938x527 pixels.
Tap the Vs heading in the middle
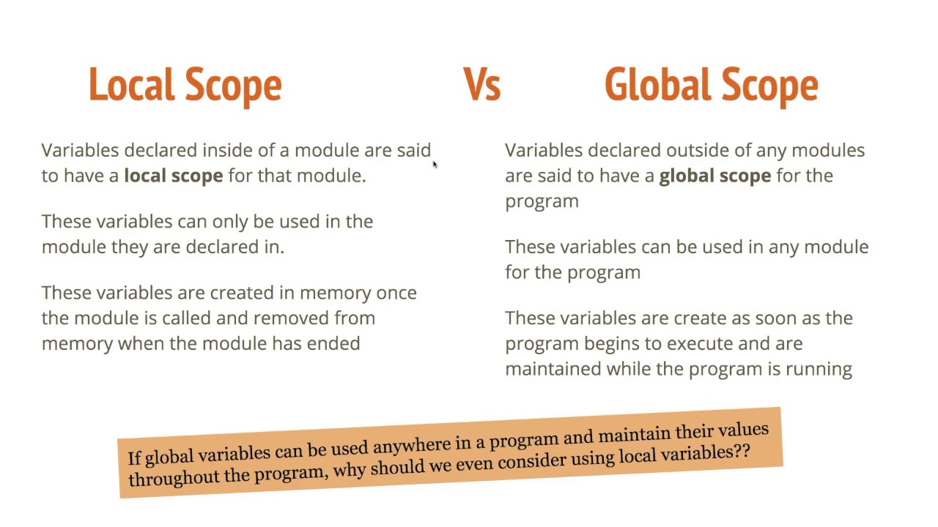[481, 85]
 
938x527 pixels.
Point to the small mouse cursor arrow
[434, 165]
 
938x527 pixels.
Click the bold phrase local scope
[173, 176]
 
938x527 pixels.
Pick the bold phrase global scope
[714, 176]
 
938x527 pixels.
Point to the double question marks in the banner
[741, 451]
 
